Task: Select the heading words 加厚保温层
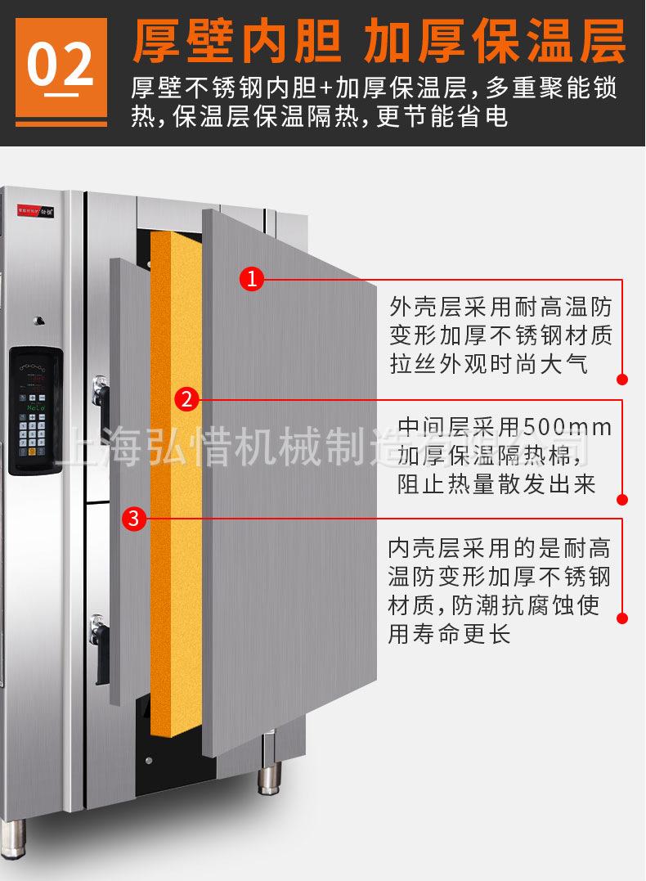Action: click(496, 42)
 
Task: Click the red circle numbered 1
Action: click(252, 279)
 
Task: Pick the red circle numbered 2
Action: click(186, 399)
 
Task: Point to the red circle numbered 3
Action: click(135, 518)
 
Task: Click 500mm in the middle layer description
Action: click(567, 427)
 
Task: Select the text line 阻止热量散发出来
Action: click(496, 484)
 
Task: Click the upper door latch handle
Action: click(101, 394)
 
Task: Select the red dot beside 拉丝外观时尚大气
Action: click(622, 380)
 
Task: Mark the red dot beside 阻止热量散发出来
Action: click(622, 500)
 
